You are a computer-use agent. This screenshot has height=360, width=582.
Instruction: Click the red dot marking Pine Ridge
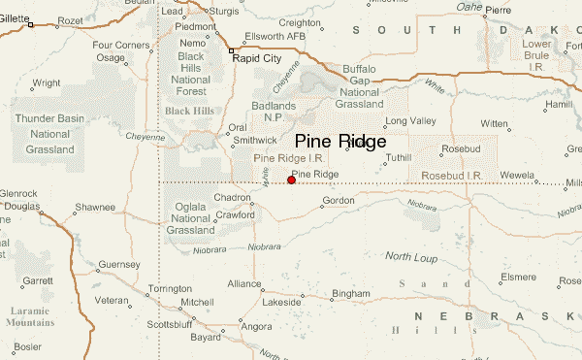coord(291,180)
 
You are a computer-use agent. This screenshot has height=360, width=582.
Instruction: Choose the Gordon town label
coord(339,201)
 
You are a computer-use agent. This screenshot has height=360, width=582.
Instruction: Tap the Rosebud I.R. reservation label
coord(453,175)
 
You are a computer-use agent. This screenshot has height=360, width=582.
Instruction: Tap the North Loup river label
coord(411,256)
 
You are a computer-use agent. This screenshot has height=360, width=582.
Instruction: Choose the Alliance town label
coord(244,284)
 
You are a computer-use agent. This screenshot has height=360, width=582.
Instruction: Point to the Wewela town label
coord(516,176)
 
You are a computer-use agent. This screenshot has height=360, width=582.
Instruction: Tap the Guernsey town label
coord(119,264)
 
